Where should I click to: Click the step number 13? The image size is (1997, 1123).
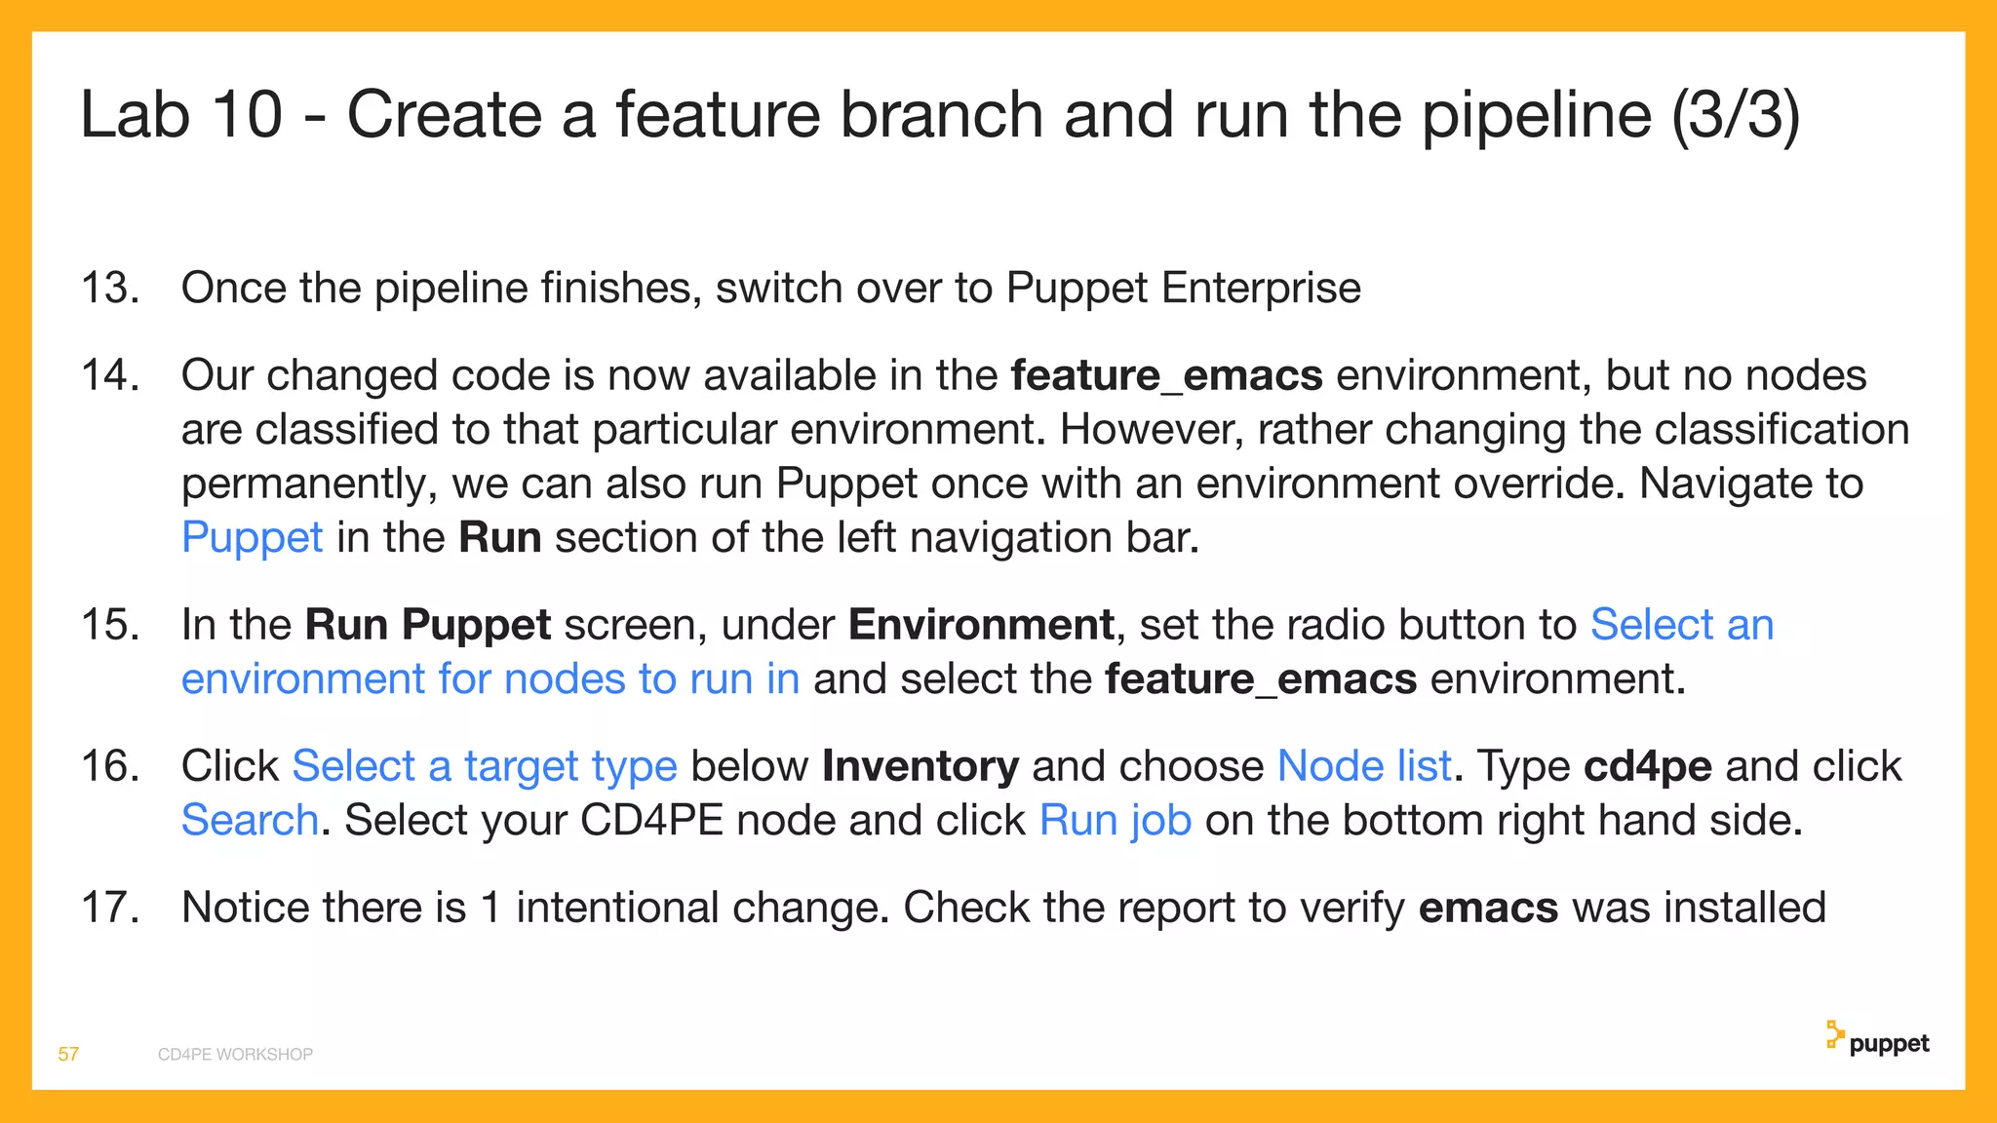(x=110, y=288)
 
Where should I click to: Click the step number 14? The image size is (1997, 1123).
(x=110, y=375)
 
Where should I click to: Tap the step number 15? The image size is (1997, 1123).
(x=110, y=625)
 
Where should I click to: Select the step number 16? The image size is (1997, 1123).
(x=110, y=766)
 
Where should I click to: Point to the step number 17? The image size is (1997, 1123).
(x=110, y=908)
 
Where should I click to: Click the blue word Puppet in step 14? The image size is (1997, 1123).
(x=252, y=538)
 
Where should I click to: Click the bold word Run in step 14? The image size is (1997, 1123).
(x=499, y=538)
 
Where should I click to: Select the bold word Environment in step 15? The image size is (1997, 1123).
(x=981, y=625)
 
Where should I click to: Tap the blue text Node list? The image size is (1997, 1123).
(x=1364, y=766)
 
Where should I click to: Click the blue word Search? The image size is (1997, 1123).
(x=251, y=821)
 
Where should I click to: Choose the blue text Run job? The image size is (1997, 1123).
(x=1116, y=821)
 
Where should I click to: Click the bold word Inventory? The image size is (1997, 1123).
(x=920, y=766)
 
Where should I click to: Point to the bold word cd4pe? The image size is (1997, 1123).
(x=1647, y=766)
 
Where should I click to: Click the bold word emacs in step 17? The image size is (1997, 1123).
(x=1488, y=908)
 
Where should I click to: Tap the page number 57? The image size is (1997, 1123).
(x=68, y=1054)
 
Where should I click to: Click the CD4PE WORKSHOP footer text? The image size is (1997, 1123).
(x=235, y=1055)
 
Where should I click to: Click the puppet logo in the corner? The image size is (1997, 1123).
(x=1877, y=1040)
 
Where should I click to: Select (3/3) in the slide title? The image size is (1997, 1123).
(x=1736, y=115)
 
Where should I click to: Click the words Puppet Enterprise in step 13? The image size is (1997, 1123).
(x=1183, y=288)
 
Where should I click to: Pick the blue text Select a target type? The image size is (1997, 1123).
(x=485, y=766)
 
